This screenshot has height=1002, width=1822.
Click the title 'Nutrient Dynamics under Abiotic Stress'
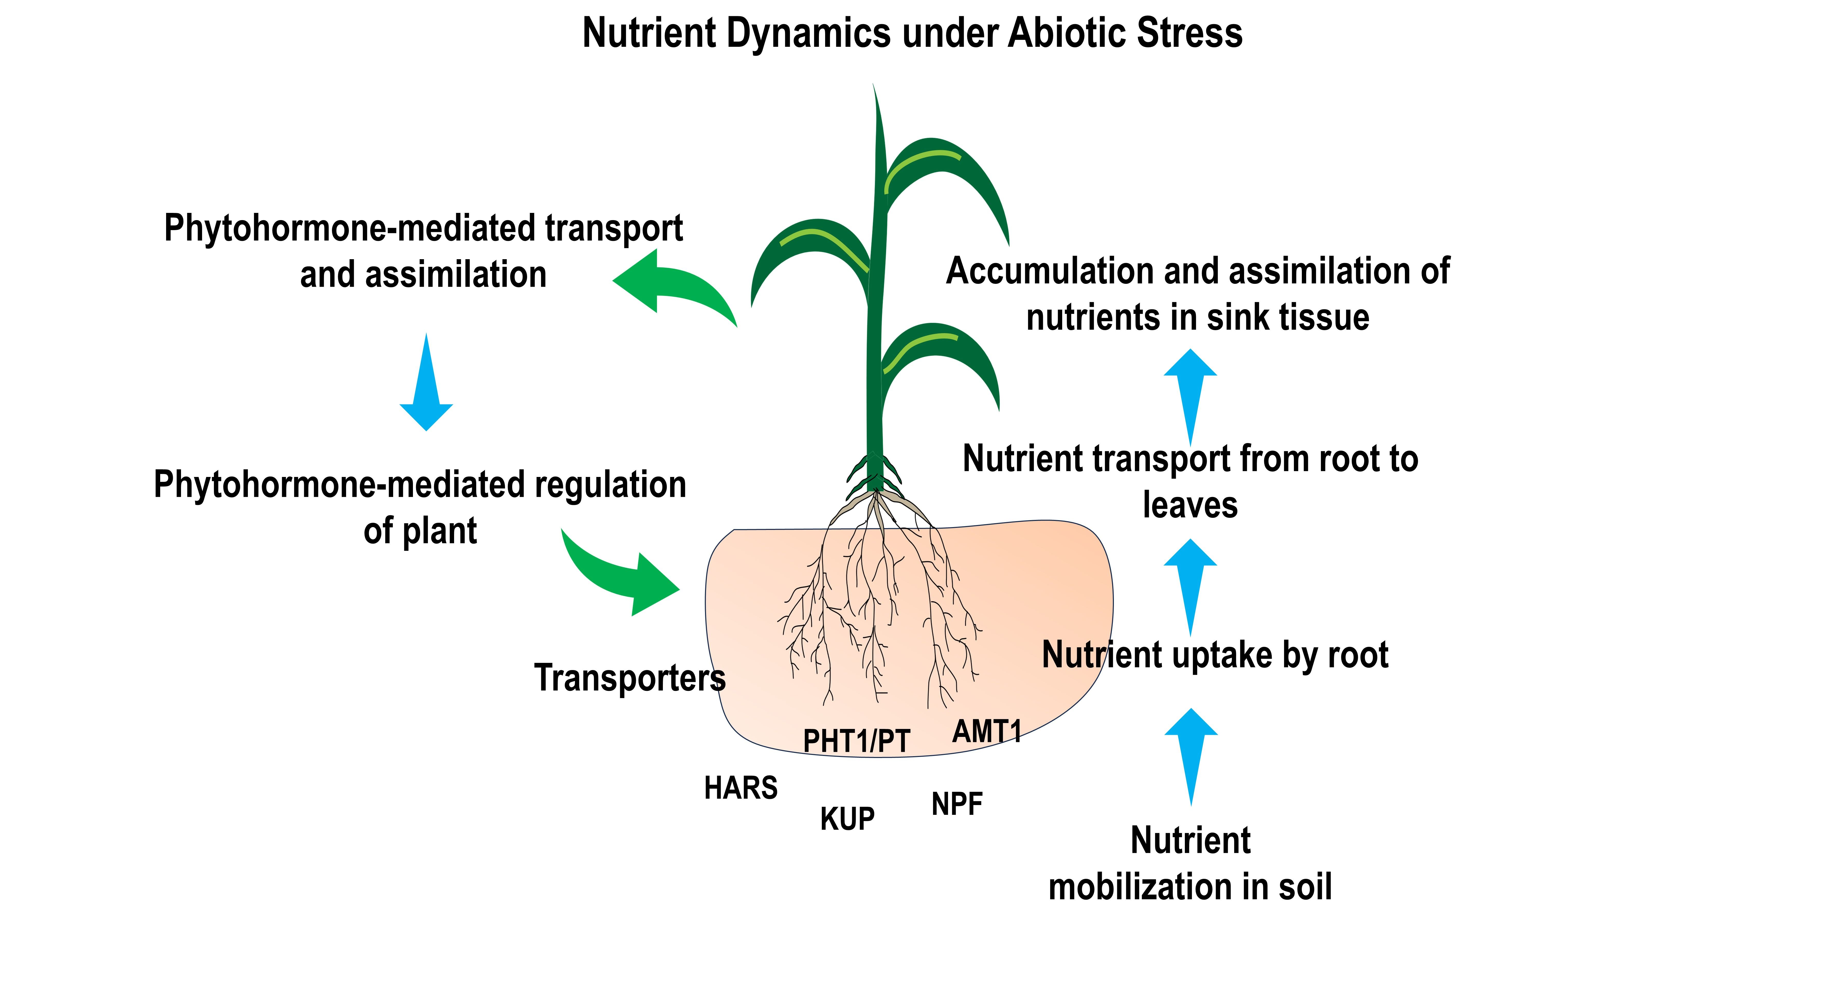(912, 33)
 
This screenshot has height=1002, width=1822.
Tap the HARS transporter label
(741, 788)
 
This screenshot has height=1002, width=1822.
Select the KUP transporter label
(847, 819)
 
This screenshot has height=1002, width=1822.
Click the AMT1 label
(987, 731)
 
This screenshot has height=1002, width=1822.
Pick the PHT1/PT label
(856, 741)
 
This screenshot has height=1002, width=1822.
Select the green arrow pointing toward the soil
(623, 576)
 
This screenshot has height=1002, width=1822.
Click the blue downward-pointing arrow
(426, 385)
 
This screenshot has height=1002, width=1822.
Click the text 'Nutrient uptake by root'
(1214, 655)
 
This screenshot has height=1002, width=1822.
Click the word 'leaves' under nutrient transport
(1190, 505)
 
